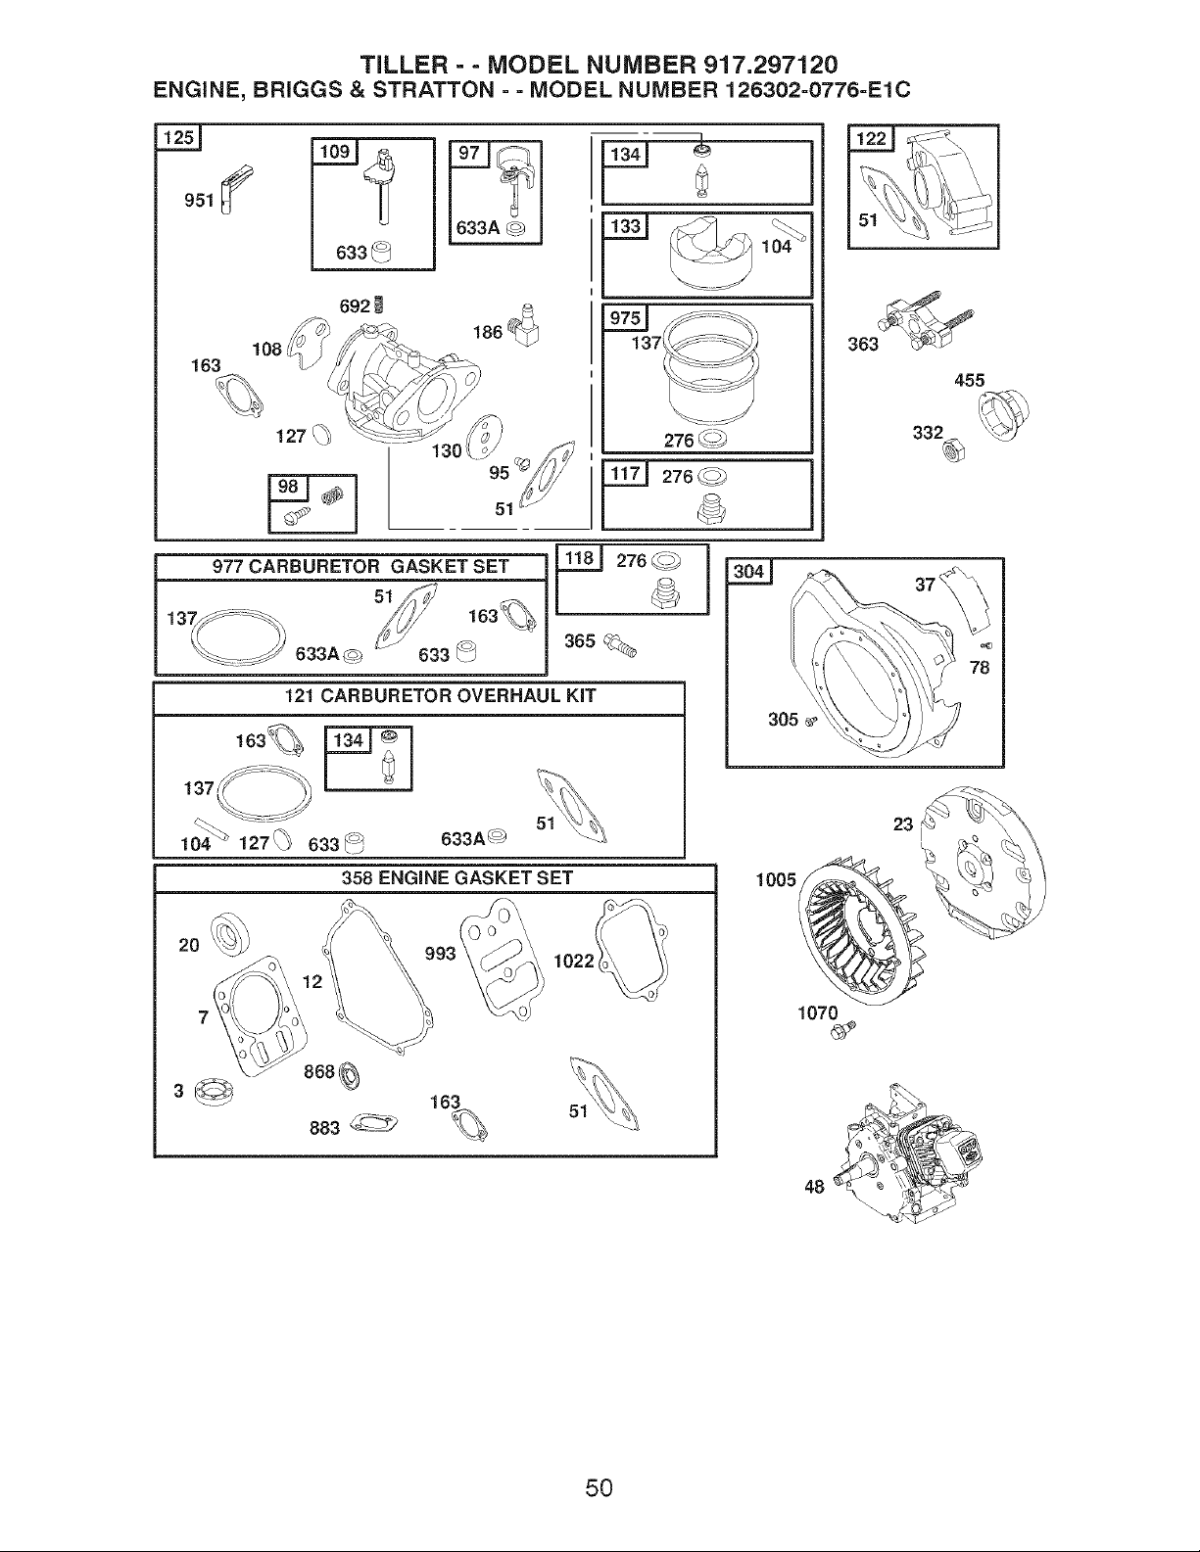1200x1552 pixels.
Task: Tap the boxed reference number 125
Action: point(178,137)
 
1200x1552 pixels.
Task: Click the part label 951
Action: point(199,201)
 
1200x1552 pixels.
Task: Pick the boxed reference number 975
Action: point(625,318)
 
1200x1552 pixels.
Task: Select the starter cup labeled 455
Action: point(1003,414)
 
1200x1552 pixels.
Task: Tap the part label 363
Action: point(863,345)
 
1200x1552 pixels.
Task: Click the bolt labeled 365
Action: point(620,645)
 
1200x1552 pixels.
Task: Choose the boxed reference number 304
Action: point(748,572)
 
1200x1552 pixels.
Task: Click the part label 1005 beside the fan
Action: point(776,880)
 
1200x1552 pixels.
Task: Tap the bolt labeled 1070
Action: point(842,1029)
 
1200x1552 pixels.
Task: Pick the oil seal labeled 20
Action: point(231,935)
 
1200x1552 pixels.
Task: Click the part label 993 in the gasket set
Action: point(440,953)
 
